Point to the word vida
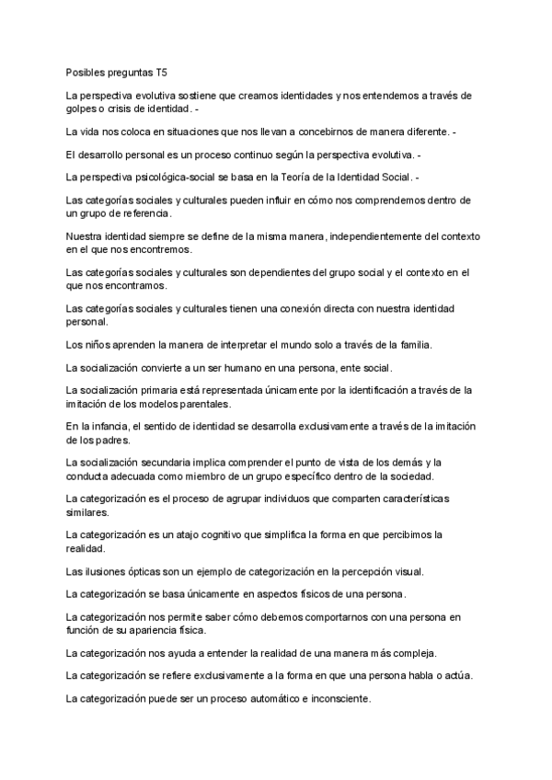(x=94, y=132)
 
